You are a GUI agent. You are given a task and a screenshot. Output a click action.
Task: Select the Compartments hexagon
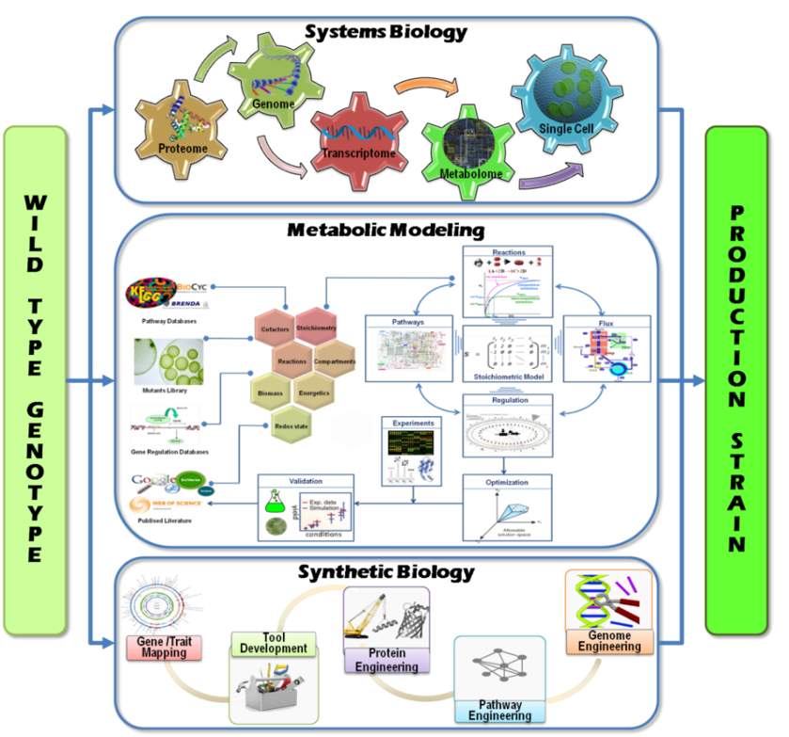point(336,360)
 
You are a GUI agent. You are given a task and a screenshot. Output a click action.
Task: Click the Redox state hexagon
point(291,425)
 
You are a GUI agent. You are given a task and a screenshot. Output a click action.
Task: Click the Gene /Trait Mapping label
point(164,647)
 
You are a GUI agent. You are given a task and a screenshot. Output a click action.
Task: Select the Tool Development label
point(274,643)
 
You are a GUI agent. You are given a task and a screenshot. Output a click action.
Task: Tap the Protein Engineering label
point(387,660)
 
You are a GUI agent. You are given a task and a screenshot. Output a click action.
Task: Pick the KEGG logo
point(153,292)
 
